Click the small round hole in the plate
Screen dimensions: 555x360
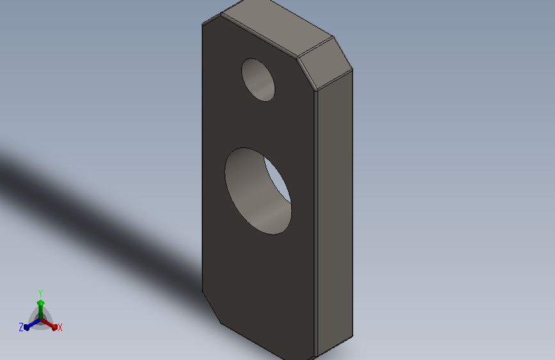[258, 79]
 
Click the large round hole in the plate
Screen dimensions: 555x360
[258, 191]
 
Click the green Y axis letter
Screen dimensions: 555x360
[40, 293]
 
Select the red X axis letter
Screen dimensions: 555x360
[60, 327]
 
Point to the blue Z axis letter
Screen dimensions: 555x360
[21, 327]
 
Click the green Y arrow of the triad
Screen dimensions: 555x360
[41, 309]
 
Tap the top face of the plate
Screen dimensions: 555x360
[278, 28]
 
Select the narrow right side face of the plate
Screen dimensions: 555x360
[335, 213]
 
